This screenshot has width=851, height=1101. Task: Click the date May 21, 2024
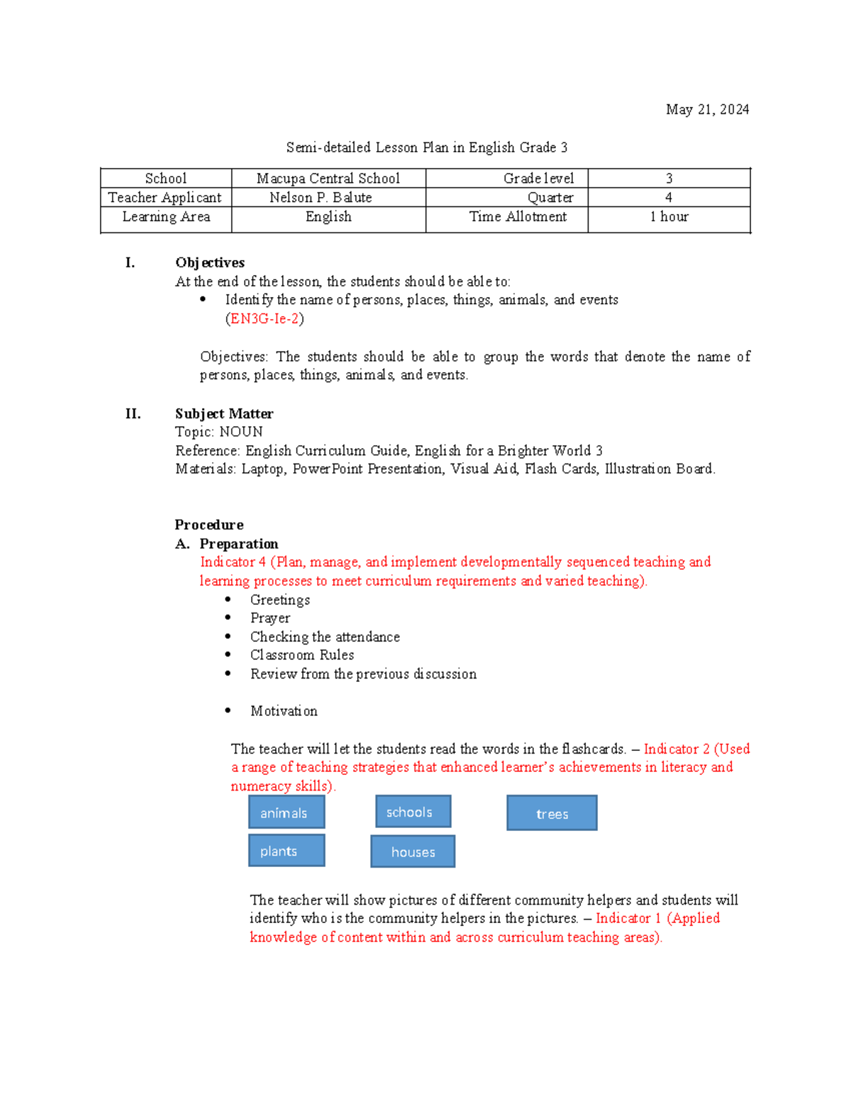point(707,109)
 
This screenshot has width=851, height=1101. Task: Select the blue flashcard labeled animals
point(287,812)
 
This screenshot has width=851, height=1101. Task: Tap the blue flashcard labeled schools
point(413,812)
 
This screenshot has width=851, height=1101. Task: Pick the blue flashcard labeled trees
point(552,813)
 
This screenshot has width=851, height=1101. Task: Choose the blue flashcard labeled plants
point(287,851)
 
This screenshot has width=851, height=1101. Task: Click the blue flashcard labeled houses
point(413,851)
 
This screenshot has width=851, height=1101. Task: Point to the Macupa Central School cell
point(328,179)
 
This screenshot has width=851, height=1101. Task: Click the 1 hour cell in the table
point(669,217)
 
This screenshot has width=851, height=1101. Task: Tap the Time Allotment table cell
point(518,217)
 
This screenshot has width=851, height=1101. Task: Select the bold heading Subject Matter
point(224,414)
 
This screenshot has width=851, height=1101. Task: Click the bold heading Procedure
point(209,525)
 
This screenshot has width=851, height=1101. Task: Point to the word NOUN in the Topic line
point(241,432)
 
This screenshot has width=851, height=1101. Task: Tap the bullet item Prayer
point(270,618)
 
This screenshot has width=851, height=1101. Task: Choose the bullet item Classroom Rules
point(302,655)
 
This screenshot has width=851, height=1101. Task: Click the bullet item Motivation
point(284,711)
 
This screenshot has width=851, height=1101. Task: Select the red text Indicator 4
point(233,562)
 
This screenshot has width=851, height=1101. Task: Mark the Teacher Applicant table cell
point(165,198)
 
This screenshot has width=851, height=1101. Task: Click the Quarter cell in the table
point(550,198)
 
